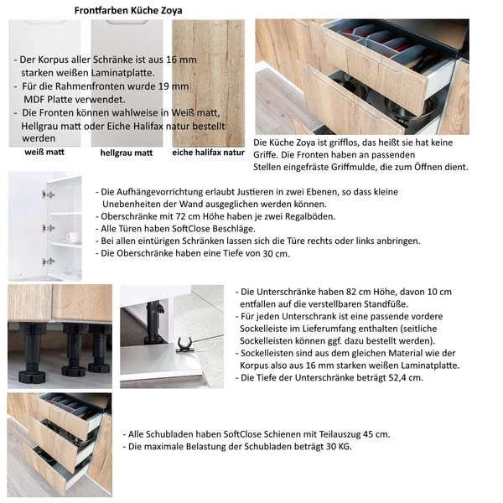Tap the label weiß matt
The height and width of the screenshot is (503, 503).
tap(40, 153)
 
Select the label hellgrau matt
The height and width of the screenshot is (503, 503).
tap(126, 153)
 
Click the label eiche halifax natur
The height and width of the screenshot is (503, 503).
tap(208, 153)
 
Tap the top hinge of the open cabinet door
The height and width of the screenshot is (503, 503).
tap(49, 194)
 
